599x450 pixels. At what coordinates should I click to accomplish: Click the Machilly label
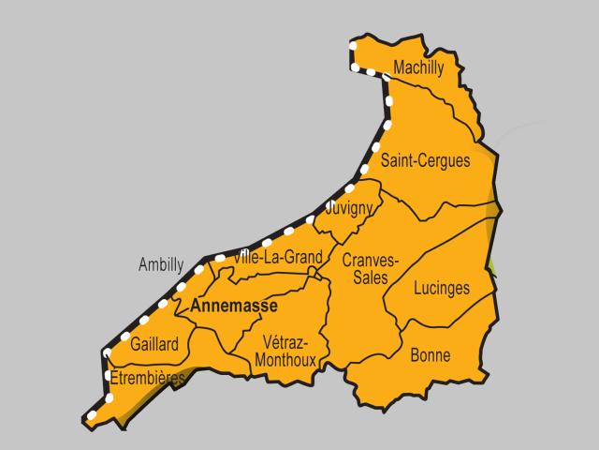[x=418, y=68]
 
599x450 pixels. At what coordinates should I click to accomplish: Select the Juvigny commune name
[x=350, y=207]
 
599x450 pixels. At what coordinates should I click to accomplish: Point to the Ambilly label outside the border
[x=161, y=264]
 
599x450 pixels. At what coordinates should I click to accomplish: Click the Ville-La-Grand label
[x=279, y=257]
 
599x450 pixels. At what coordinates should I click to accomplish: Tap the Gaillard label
[x=154, y=344]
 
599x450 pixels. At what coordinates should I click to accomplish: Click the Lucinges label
[x=441, y=288]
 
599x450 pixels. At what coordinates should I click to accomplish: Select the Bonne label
[x=430, y=355]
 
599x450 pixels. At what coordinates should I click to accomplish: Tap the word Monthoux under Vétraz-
[x=286, y=358]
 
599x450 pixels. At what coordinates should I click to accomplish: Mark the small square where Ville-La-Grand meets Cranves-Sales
[x=313, y=272]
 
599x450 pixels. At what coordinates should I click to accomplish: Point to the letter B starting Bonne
[x=415, y=355]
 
